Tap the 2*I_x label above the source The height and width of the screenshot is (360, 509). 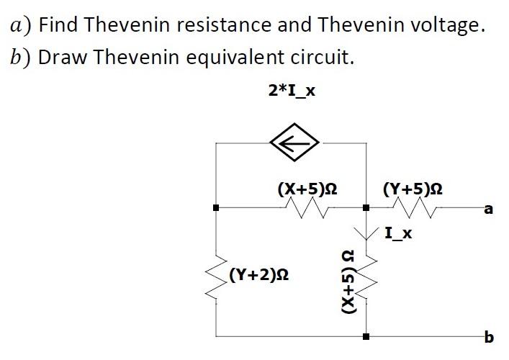[x=292, y=91]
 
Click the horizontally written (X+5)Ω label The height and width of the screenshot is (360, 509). [x=308, y=189]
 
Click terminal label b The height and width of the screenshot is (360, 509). [x=490, y=336]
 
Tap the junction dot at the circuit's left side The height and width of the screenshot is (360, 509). [x=217, y=208]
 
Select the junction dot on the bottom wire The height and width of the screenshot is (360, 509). [x=366, y=336]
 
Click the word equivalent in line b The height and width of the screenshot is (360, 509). [x=243, y=58]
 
